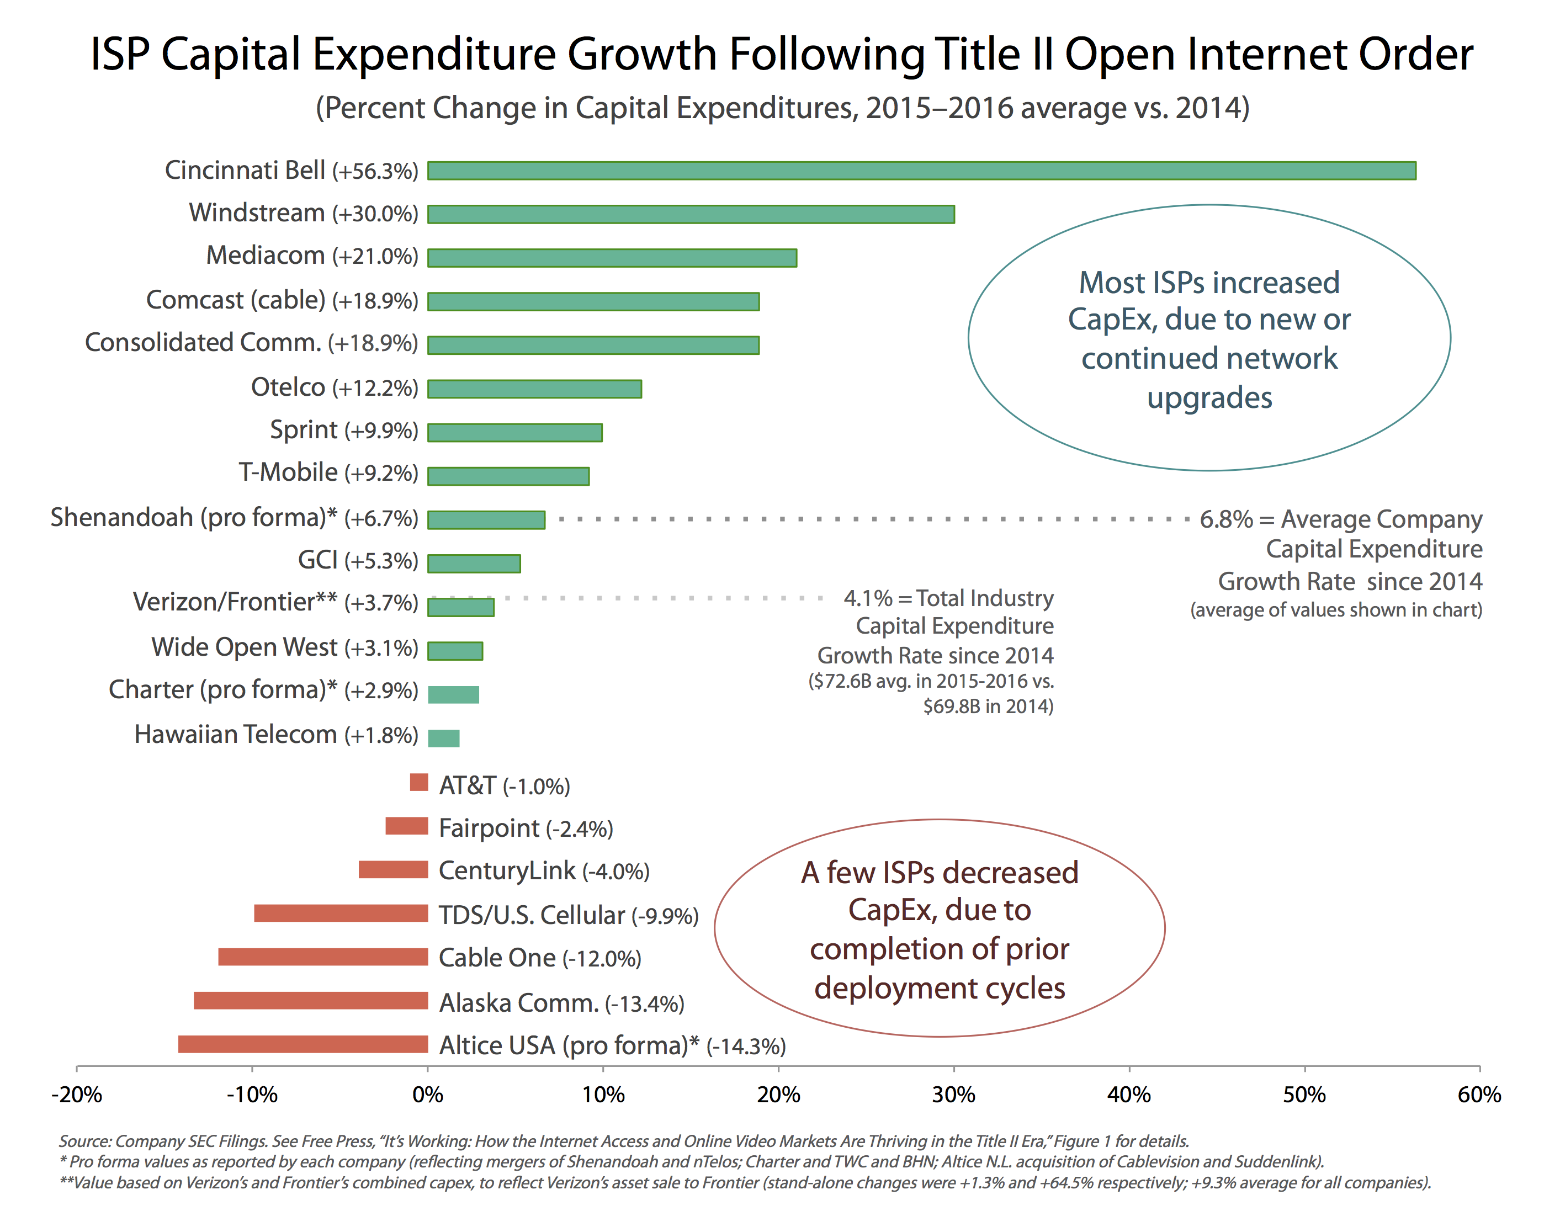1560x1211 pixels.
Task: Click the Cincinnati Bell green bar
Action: tap(921, 171)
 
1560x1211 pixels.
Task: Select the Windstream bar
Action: tap(691, 214)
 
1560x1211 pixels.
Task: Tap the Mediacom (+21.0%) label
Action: tap(312, 256)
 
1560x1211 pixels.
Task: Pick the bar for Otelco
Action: tap(534, 389)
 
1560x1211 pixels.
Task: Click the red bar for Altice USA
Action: tap(303, 1044)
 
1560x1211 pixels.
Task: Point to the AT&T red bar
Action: tap(418, 783)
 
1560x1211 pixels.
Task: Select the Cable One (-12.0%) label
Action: tap(539, 958)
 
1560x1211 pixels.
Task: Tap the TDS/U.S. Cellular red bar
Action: tap(341, 913)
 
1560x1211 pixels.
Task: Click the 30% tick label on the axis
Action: tap(953, 1095)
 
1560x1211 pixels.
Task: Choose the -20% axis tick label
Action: tap(76, 1095)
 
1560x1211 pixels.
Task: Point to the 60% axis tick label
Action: tap(1479, 1095)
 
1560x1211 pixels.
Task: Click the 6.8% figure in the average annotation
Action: tap(1225, 519)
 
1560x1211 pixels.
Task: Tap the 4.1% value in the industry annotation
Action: tap(868, 598)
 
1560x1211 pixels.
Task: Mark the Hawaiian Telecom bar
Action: tap(444, 737)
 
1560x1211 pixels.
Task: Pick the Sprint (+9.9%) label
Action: tap(343, 431)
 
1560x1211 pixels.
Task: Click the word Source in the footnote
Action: tap(83, 1141)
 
